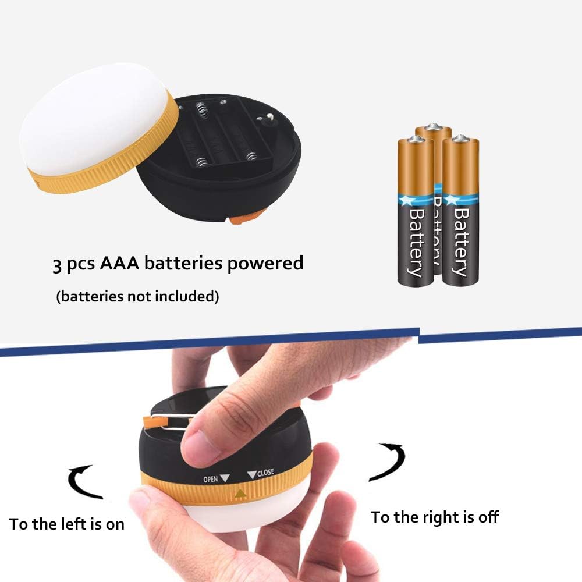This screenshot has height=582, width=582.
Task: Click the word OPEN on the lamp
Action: point(211,479)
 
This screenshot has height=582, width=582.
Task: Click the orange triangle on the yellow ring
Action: point(240,494)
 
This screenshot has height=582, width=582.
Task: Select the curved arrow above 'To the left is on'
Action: point(83,482)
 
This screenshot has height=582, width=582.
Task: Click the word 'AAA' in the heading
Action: point(119,263)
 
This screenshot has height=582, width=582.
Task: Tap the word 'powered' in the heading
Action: point(265,264)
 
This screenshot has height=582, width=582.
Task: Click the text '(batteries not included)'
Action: point(138,297)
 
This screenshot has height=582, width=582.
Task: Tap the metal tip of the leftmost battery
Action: point(416,139)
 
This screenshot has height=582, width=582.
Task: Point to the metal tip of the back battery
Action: point(433,126)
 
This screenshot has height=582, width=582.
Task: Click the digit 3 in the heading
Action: point(57,265)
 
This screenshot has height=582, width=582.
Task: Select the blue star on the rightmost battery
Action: point(452,200)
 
